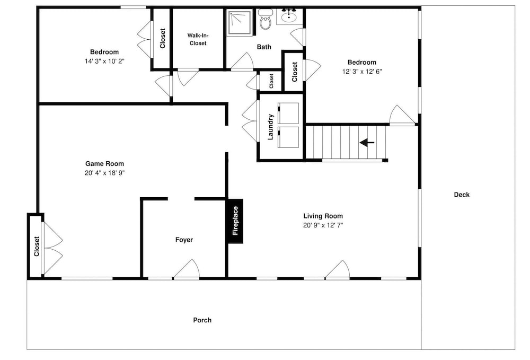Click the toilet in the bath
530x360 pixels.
266,20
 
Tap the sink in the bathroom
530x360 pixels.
289,16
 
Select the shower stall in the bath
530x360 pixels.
240,22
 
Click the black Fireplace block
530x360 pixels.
235,221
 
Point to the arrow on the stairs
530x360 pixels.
367,143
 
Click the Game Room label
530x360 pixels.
104,164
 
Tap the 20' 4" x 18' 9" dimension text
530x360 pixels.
104,173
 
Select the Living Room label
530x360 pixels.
323,216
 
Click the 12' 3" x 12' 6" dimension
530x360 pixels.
361,72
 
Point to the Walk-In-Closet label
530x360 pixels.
198,39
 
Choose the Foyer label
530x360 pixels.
184,240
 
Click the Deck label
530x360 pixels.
462,195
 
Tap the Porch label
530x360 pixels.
202,320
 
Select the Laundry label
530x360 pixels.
270,127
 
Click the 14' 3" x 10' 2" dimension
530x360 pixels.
104,61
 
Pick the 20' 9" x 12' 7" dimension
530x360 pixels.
323,225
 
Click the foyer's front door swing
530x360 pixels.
187,269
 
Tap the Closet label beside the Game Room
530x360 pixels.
37,246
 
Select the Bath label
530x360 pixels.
264,47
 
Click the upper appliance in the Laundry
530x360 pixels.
288,113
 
